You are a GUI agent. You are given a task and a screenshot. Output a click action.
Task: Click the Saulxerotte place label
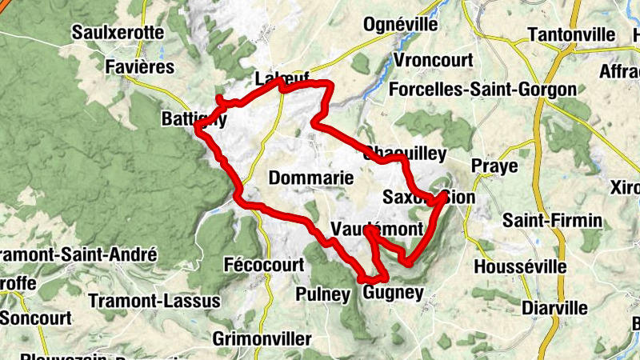(x=118, y=33)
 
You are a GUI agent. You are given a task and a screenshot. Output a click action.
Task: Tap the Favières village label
(x=140, y=66)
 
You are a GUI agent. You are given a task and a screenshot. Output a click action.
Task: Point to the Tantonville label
(x=571, y=35)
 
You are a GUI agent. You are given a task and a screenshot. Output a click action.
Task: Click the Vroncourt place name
(x=434, y=61)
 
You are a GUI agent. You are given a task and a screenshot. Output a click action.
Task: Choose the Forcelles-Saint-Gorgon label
(x=482, y=90)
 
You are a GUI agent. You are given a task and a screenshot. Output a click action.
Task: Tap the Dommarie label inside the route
(x=311, y=178)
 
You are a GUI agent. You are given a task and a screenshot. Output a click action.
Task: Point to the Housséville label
(x=519, y=266)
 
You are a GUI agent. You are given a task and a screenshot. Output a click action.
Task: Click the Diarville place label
(x=554, y=308)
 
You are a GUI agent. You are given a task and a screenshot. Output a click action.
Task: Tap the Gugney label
(x=393, y=293)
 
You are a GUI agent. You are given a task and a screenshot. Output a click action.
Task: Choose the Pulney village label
(x=323, y=294)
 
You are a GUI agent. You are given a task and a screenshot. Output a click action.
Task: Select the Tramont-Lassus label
(x=154, y=302)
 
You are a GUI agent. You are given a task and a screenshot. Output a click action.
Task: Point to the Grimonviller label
(x=262, y=338)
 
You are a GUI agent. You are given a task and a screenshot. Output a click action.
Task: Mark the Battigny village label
(x=194, y=119)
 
